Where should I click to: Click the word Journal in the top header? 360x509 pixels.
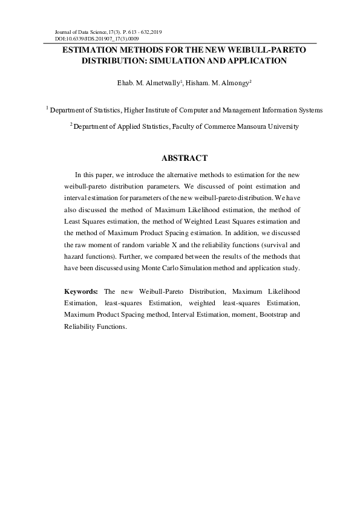(64, 31)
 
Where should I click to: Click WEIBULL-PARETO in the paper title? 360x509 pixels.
(272, 50)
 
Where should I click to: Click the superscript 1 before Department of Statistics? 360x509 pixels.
(47, 108)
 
